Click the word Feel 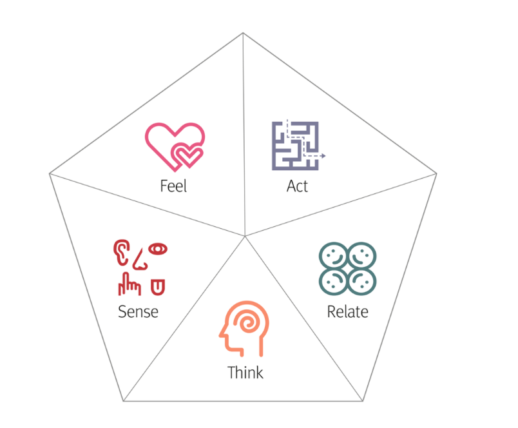tap(173, 186)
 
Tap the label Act tap(297, 186)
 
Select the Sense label tap(138, 312)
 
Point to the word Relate tap(347, 312)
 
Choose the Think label tap(245, 373)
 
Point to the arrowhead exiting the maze tap(323, 156)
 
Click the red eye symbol tap(158, 248)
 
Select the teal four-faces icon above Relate tap(347, 267)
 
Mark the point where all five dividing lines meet tap(245, 236)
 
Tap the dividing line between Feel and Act tap(244, 129)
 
